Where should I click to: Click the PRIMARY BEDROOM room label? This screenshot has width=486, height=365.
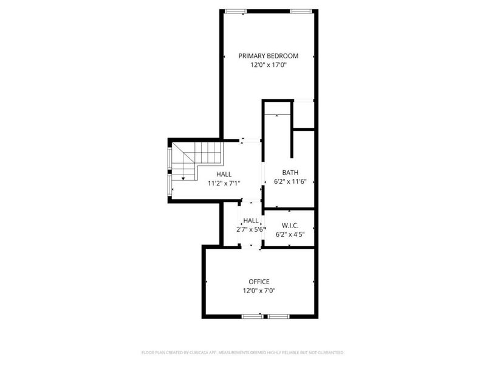click(x=269, y=56)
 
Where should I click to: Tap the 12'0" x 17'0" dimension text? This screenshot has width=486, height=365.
click(x=269, y=65)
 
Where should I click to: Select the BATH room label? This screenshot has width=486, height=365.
click(x=290, y=173)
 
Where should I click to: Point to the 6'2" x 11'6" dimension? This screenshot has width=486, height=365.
click(x=290, y=181)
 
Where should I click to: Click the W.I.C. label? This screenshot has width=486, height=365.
click(x=290, y=225)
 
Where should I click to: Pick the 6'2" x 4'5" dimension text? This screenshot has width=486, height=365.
click(x=290, y=234)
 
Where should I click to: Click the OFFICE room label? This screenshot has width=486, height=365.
click(x=259, y=282)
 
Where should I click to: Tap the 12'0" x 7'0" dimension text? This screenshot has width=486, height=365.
click(x=259, y=291)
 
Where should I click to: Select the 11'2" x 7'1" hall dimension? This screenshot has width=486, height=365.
click(x=224, y=184)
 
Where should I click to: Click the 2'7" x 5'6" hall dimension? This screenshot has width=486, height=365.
click(x=250, y=230)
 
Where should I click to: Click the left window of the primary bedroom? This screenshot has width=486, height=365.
click(x=236, y=12)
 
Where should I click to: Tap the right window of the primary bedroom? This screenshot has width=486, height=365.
click(x=301, y=12)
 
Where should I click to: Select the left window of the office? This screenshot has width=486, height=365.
click(x=253, y=316)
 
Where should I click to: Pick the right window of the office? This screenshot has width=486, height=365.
click(x=279, y=316)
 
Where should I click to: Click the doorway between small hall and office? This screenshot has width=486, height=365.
click(x=251, y=247)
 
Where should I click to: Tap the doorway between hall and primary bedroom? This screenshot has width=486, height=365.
click(x=251, y=141)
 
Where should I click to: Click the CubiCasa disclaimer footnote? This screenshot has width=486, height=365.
click(x=242, y=353)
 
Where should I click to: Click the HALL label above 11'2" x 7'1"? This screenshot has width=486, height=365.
click(x=224, y=175)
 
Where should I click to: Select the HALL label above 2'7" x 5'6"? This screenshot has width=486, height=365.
click(x=251, y=221)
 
